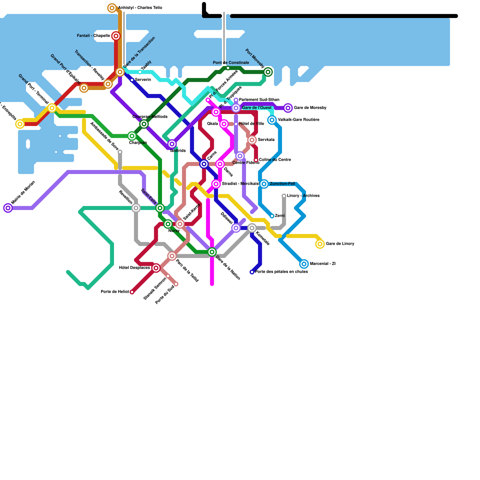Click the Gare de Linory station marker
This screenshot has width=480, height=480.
pos(320,244)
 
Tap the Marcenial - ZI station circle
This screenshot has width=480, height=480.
pos(304,264)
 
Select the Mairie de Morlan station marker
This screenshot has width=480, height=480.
pos(8,208)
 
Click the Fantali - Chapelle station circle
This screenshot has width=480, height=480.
pos(116,36)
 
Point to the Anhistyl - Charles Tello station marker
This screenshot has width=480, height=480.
pos(112,8)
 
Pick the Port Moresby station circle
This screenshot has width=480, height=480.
pos(268,72)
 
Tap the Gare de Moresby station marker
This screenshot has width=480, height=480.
pos(288,108)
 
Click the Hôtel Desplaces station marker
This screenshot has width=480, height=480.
pos(156,268)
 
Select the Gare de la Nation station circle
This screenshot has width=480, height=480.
pos(212,252)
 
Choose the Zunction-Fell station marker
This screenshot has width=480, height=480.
pos(264,184)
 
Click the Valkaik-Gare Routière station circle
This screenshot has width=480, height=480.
pos(272,120)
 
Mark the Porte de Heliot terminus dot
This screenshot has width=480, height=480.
pos(132,292)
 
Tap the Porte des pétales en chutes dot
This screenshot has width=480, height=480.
pos(252,272)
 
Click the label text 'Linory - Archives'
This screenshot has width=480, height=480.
pos(303,196)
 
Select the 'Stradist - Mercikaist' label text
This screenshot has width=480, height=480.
pos(240,184)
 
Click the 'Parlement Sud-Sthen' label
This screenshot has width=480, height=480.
pos(259,100)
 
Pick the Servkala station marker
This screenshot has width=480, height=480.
pos(252,140)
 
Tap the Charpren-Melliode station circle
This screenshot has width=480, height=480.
pos(144,124)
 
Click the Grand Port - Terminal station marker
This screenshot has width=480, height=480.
pos(52,108)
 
